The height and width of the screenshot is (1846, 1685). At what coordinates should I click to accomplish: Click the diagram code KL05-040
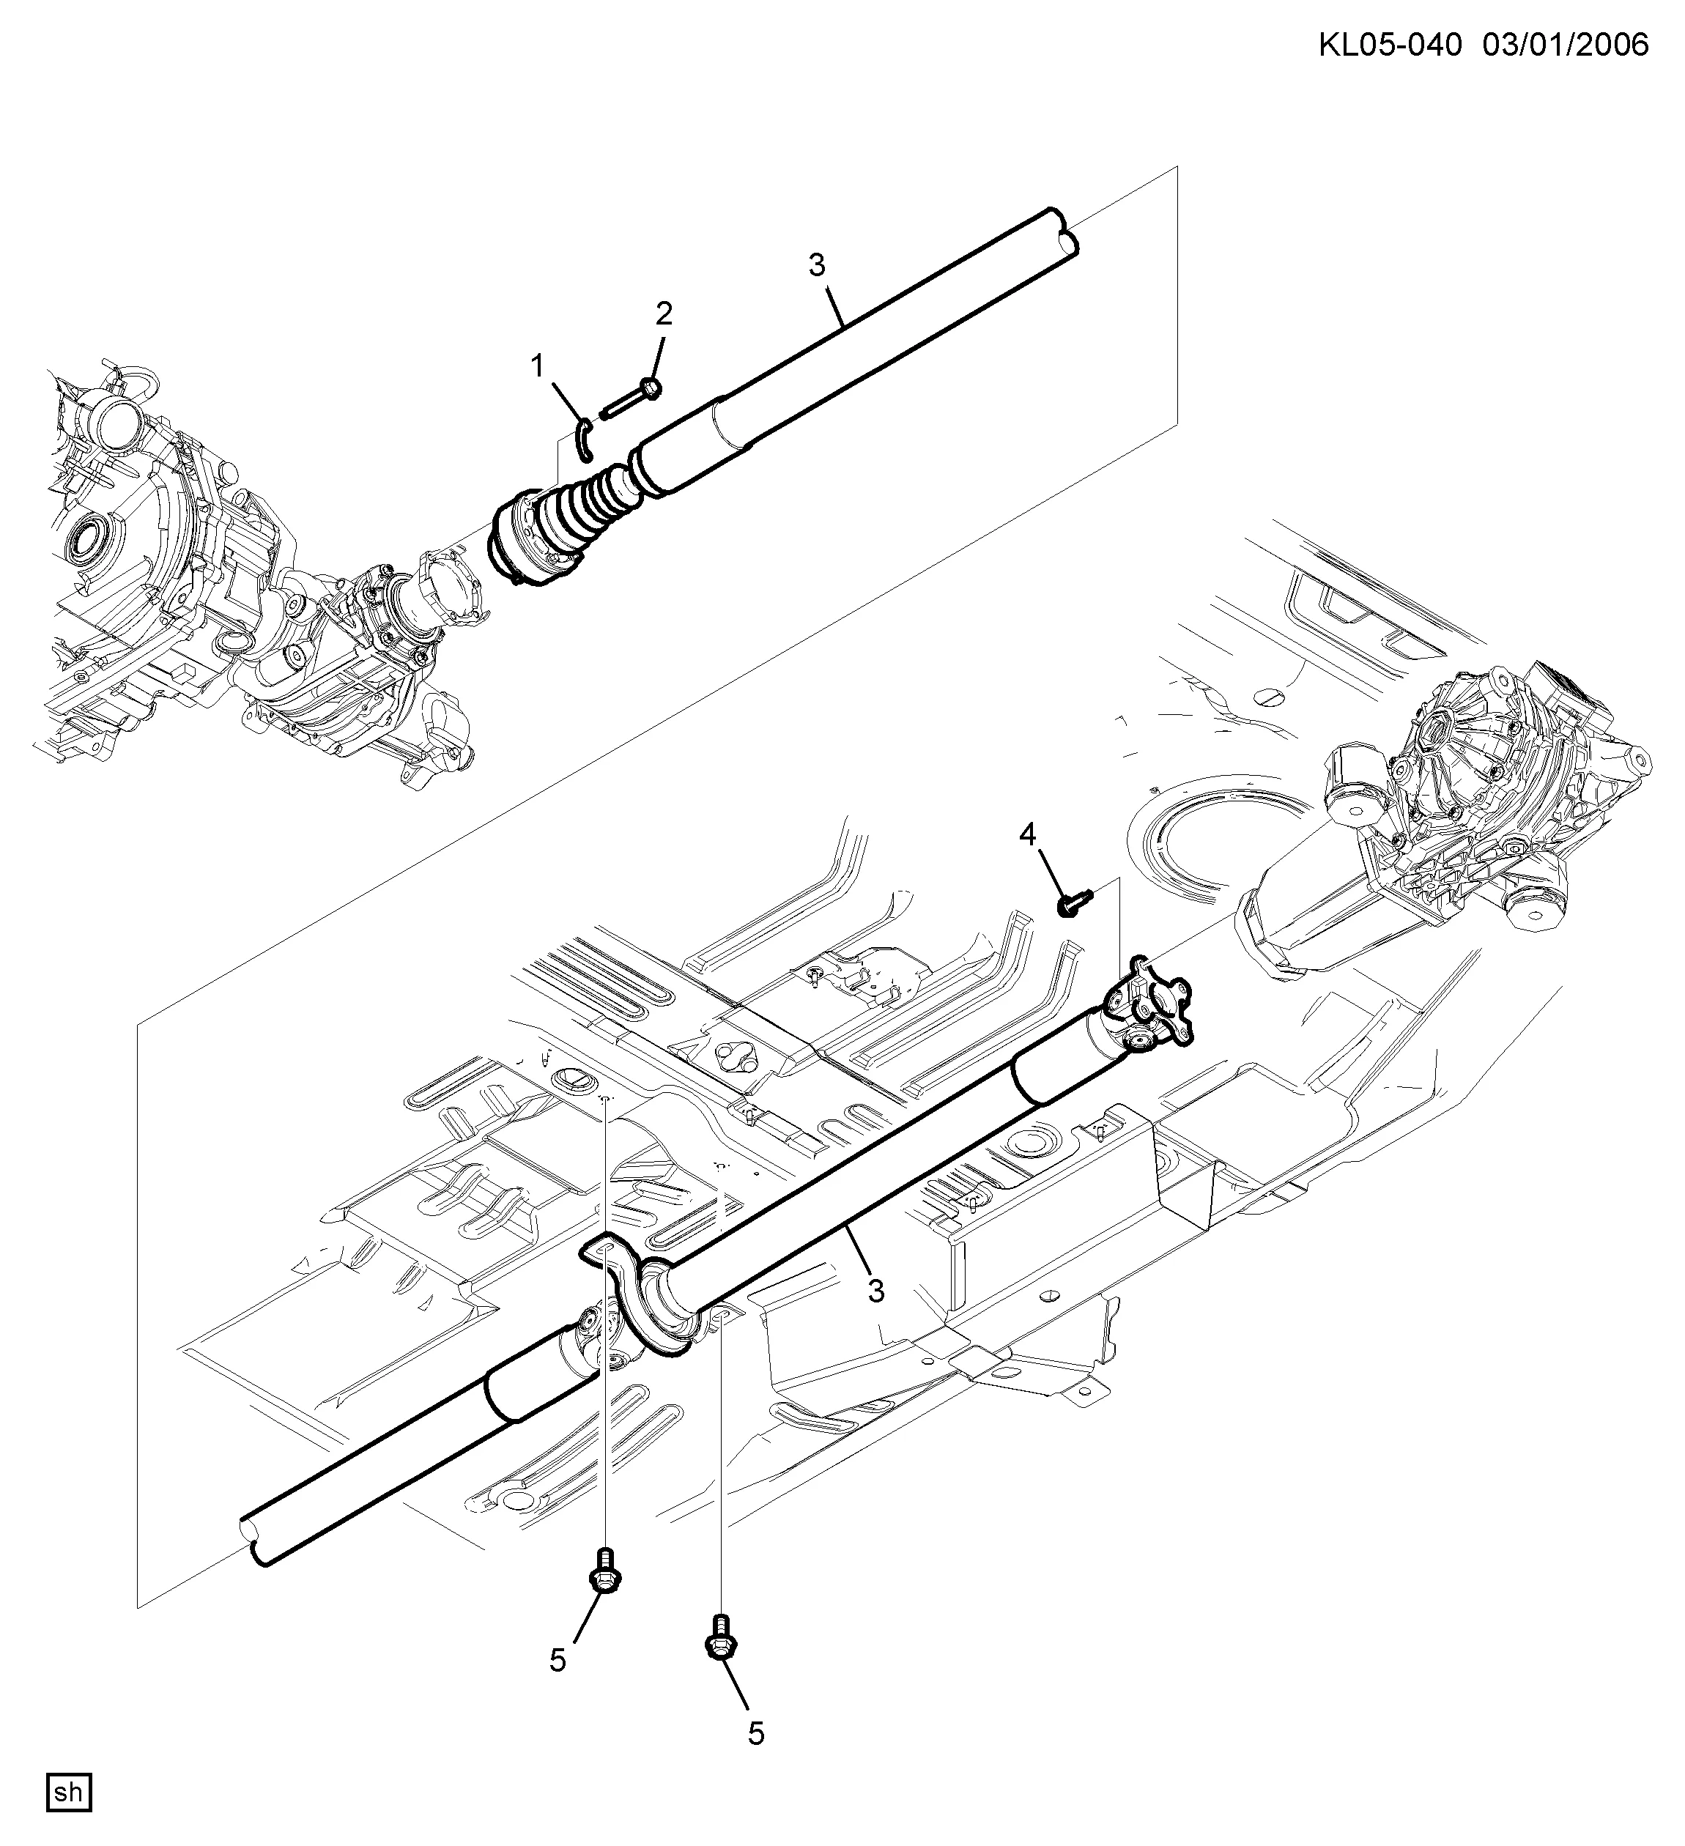point(1390,44)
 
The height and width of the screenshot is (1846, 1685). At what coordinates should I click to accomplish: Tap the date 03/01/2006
point(1566,44)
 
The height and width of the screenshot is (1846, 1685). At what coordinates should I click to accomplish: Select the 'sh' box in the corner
point(69,1792)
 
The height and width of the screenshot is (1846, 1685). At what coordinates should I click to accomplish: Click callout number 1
point(538,367)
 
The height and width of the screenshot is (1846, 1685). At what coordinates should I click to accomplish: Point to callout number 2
point(663,314)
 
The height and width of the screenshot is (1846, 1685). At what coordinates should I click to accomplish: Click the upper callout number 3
point(817,265)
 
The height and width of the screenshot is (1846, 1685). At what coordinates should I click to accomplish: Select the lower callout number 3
point(876,1291)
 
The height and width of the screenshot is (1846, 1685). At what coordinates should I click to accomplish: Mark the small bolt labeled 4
point(1074,902)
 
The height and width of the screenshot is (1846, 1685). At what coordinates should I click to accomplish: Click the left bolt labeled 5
point(605,1572)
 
